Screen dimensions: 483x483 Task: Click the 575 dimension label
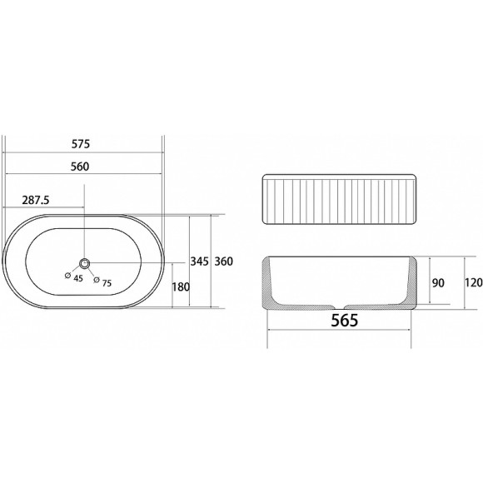81,144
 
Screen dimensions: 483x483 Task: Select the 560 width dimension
80,167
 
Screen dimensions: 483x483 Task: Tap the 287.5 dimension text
36,200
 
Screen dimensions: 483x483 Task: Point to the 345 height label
199,261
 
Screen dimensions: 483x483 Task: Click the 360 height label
224,261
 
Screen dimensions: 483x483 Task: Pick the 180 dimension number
181,286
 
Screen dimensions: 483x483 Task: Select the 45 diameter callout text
78,278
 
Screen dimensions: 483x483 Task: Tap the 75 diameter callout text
107,283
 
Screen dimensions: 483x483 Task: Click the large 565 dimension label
345,320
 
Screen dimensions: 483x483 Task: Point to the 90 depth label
438,283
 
